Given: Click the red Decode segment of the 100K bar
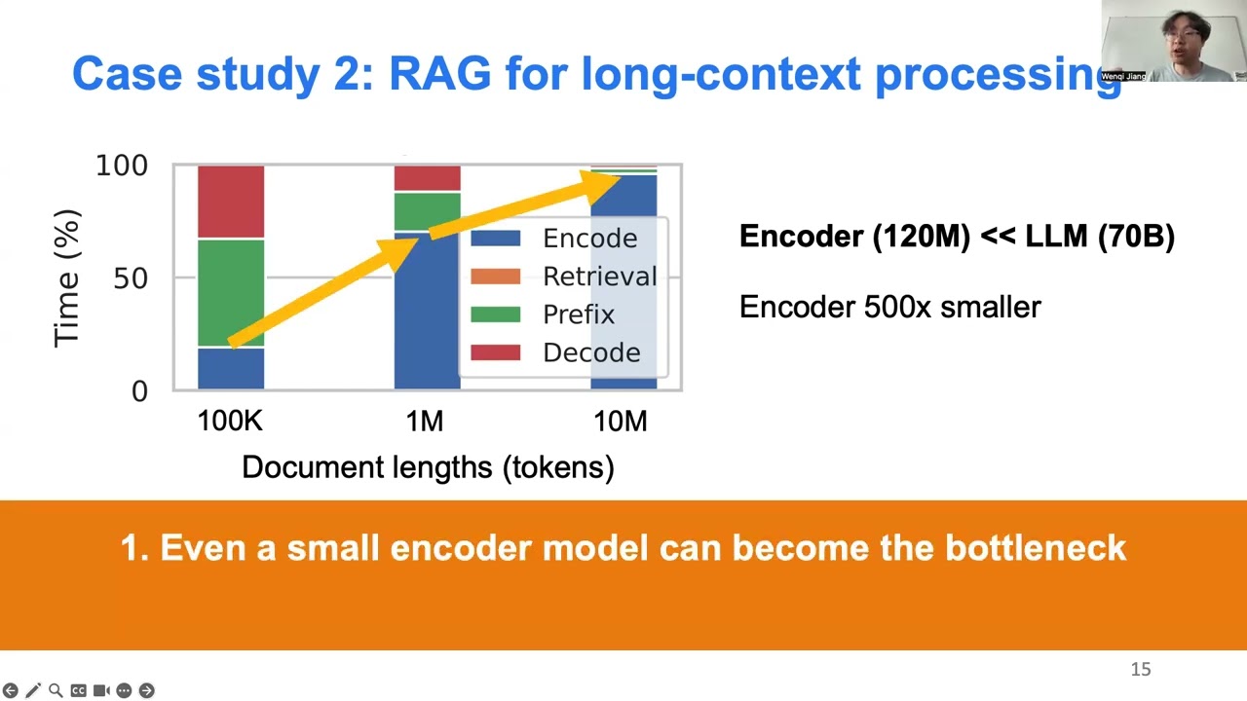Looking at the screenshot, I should tap(231, 201).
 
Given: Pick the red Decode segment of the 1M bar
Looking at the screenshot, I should tap(427, 177).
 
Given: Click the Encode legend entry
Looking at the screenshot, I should tap(588, 239).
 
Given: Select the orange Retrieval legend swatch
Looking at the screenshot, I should tap(496, 277).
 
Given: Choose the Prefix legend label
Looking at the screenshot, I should tap(579, 314).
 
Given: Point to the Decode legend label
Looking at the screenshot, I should tap(590, 352).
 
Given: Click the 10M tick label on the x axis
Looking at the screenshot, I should tap(621, 422).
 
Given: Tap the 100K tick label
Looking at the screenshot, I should tap(230, 422).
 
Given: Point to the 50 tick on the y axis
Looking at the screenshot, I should tap(130, 278).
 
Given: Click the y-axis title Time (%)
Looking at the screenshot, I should tap(66, 278).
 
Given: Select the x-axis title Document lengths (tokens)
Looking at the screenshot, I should tap(428, 467).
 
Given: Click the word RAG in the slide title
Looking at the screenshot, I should tap(439, 75).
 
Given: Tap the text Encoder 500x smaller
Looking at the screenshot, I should tap(889, 308).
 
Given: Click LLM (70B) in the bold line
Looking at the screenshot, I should tap(1100, 237).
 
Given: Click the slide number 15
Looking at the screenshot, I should tap(1141, 670).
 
